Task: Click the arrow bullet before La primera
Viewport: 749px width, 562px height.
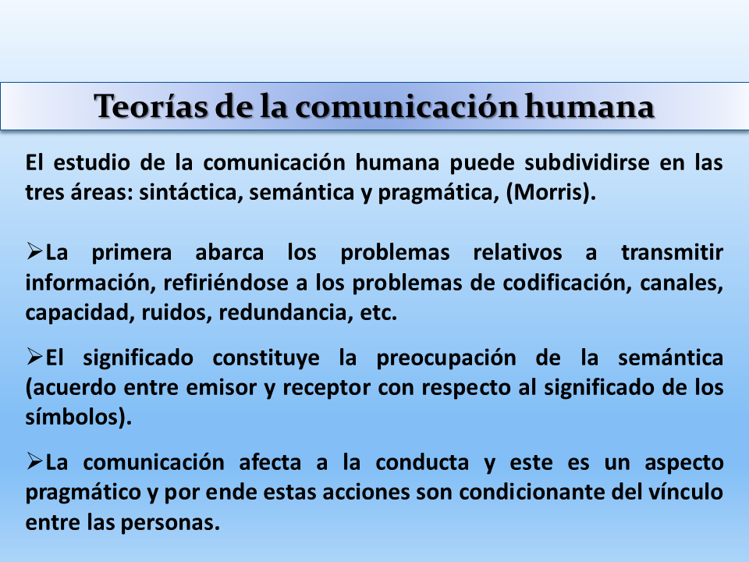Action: point(34,251)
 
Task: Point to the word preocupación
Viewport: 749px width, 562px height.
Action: point(446,358)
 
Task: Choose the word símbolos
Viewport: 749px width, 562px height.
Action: point(73,417)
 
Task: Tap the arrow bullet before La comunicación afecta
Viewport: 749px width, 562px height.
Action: point(34,461)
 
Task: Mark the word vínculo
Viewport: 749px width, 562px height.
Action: point(683,493)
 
